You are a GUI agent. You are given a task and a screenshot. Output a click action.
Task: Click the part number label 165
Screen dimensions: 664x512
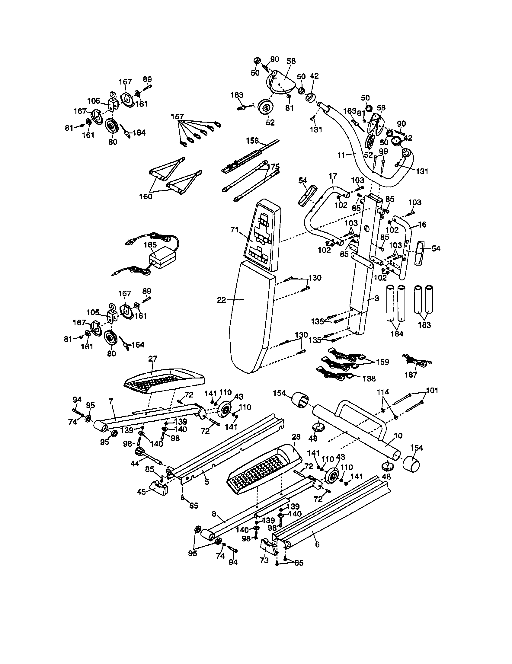[x=150, y=245]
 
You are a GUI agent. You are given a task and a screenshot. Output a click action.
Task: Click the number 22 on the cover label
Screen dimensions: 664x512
[x=221, y=300]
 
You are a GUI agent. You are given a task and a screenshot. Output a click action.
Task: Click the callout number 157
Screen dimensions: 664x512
[x=177, y=117]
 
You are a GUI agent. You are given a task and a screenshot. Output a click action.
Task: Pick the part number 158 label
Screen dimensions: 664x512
[x=252, y=141]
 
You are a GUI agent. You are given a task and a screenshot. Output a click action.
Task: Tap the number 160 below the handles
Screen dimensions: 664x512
[x=146, y=196]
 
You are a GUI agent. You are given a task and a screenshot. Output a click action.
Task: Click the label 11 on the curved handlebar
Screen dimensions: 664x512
[x=341, y=155]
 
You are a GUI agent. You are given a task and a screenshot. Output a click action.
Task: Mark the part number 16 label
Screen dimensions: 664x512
[x=422, y=225]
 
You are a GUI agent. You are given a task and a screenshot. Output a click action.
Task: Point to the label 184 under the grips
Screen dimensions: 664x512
[x=397, y=334]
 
